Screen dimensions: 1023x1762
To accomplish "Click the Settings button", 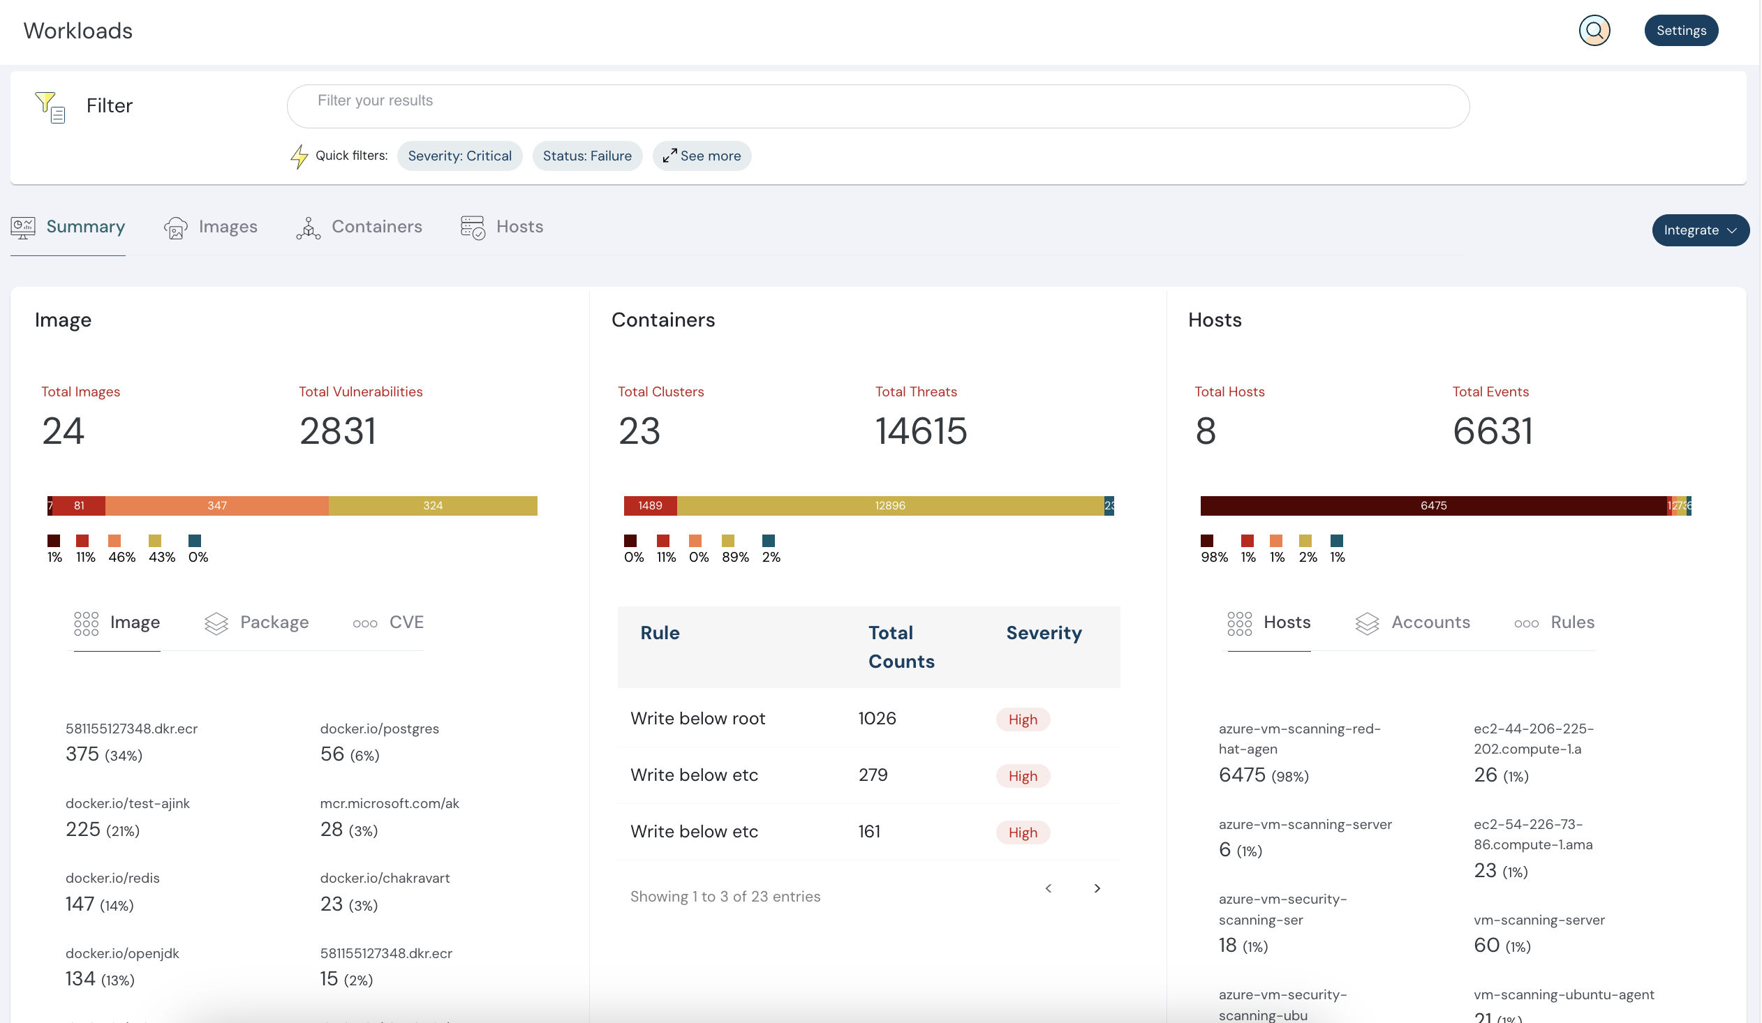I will [1680, 31].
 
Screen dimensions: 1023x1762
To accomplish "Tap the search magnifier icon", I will [1594, 31].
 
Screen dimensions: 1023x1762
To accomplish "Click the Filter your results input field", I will [878, 106].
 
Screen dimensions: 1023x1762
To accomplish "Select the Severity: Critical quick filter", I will [459, 156].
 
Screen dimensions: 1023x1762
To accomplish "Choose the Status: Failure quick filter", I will [586, 156].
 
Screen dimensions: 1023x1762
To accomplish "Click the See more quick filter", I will [702, 156].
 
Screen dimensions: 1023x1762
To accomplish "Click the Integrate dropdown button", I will [1699, 230].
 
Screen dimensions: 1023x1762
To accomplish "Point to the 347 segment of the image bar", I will [216, 506].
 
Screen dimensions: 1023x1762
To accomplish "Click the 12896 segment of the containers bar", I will [889, 506].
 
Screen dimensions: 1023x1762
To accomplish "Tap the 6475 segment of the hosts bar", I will [1432, 506].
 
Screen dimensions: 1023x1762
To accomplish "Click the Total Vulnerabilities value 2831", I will [338, 431].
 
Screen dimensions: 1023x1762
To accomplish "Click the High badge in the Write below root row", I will [1022, 719].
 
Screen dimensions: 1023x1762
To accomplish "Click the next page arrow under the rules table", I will [1096, 889].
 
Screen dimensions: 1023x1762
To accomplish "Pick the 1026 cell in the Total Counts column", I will [877, 718].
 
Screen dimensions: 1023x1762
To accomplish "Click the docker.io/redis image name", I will [112, 879].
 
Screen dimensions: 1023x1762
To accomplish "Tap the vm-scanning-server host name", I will [1538, 920].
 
